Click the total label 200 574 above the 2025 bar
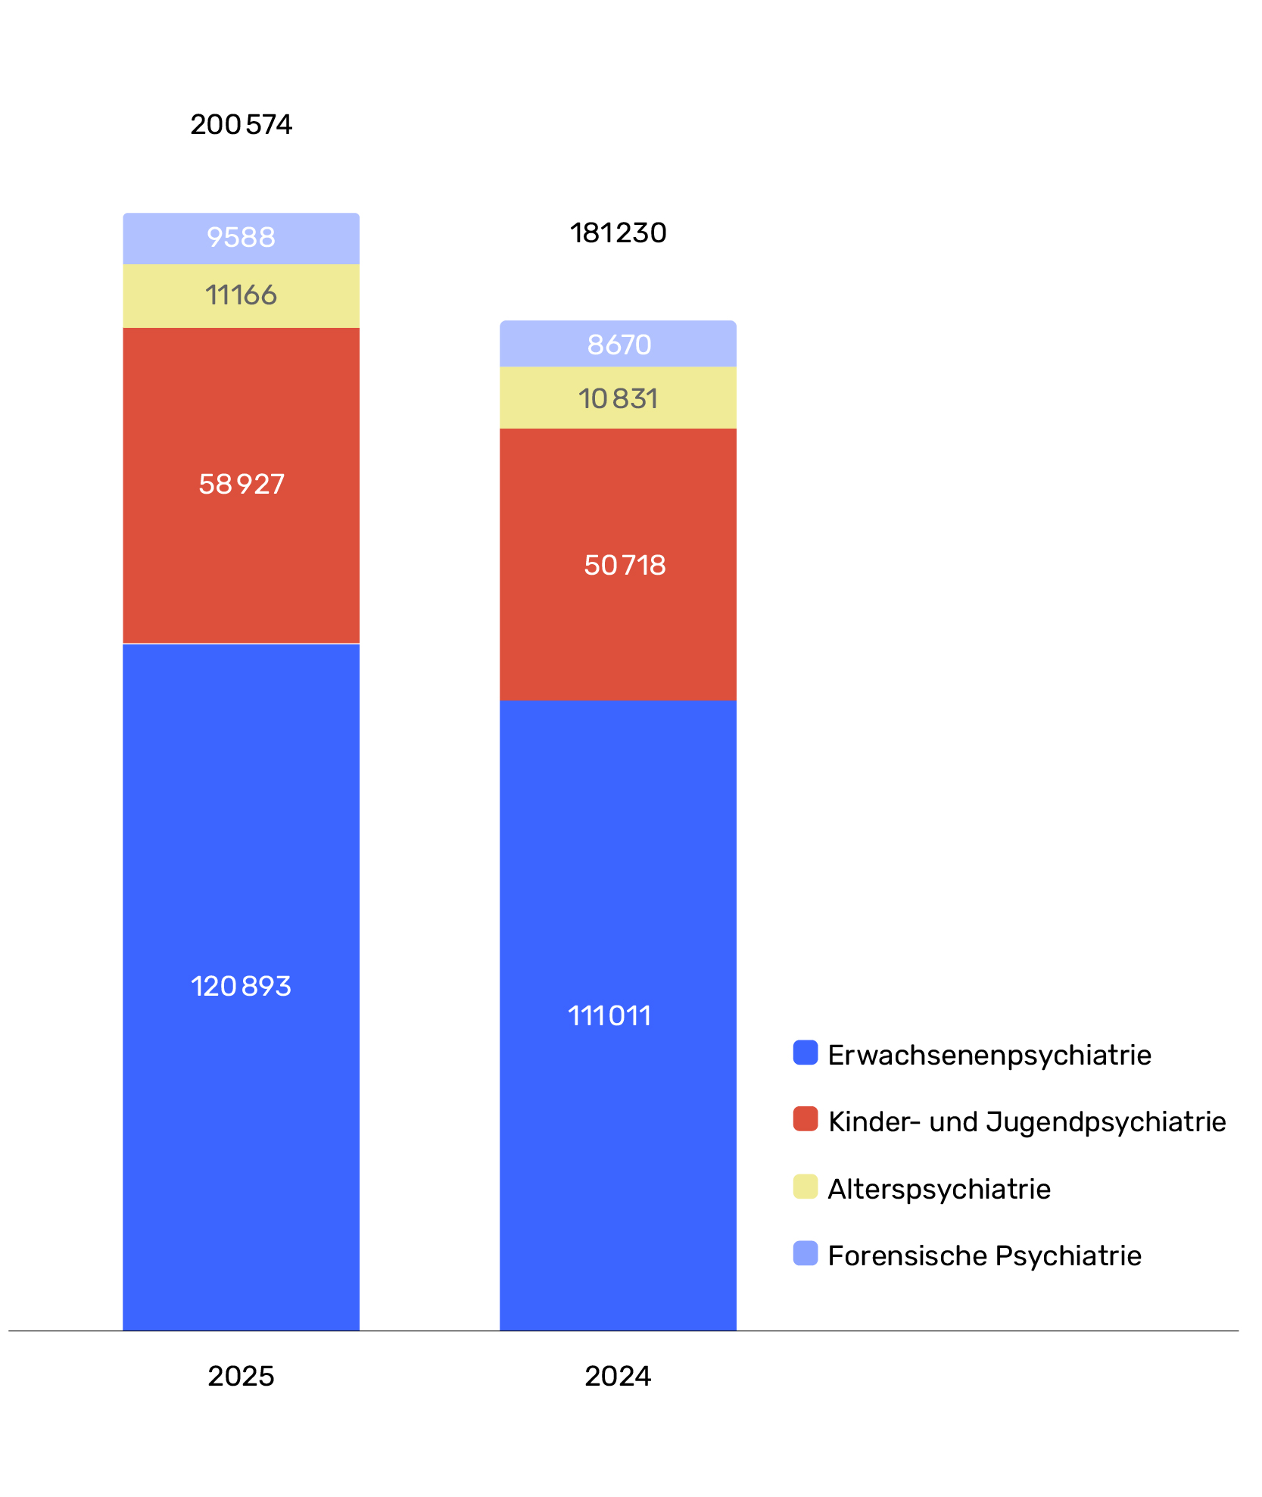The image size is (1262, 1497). click(x=241, y=125)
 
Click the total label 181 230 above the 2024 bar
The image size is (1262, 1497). click(x=618, y=233)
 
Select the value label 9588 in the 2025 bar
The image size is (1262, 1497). click(x=241, y=238)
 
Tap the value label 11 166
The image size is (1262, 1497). click(x=241, y=295)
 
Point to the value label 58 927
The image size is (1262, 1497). click(x=241, y=485)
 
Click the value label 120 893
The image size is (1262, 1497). click(x=241, y=987)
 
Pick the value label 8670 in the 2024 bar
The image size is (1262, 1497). click(x=619, y=345)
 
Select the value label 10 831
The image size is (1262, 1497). click(x=618, y=399)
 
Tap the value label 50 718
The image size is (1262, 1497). click(x=625, y=566)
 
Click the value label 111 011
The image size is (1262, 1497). click(x=609, y=1016)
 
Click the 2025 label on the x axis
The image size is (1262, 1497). click(x=241, y=1376)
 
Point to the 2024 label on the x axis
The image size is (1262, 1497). click(x=618, y=1376)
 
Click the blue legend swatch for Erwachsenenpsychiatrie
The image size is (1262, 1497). click(x=805, y=1053)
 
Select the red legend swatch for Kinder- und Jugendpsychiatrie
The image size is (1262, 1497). click(x=805, y=1119)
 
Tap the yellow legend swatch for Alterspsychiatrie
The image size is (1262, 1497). click(x=805, y=1187)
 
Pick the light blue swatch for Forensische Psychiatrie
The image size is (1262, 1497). click(x=805, y=1253)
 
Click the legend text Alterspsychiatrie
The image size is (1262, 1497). click(x=939, y=1190)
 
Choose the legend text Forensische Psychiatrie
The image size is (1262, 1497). click(x=984, y=1256)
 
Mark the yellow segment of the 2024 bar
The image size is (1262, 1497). click(x=618, y=398)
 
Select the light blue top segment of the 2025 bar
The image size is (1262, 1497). click(x=241, y=239)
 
